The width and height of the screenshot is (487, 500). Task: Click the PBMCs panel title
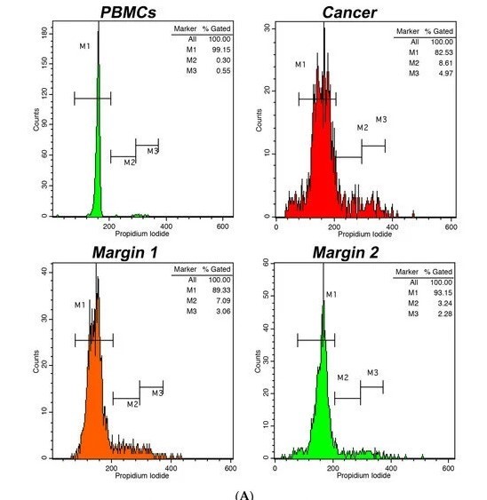pos(128,12)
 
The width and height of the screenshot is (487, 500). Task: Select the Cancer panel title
pos(350,12)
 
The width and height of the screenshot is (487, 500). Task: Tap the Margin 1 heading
pos(124,252)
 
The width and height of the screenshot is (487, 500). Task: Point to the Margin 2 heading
pos(346,252)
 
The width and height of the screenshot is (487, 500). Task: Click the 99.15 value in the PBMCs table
pos(221,50)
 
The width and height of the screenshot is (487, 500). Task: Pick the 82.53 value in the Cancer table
pos(443,52)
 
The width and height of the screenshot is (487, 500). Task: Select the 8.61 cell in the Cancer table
pos(446,63)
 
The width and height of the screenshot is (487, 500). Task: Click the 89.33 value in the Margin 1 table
pos(221,290)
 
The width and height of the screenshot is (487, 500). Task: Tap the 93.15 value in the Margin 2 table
pos(443,293)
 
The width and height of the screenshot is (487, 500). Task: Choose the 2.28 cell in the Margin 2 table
pos(445,313)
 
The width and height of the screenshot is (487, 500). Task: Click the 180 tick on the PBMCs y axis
pos(44,32)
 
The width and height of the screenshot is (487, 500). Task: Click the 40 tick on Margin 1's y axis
pos(44,272)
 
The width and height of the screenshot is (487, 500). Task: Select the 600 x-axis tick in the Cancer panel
pos(451,226)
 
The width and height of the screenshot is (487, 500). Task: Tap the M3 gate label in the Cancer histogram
pos(381,120)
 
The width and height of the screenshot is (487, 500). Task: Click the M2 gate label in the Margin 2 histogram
pos(343,377)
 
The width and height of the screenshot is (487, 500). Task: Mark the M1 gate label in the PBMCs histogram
pos(85,46)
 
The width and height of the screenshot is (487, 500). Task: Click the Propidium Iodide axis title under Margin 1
pos(141,476)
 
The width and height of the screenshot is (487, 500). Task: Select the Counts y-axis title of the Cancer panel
pos(259,120)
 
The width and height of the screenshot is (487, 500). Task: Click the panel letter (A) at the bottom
pos(244,496)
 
